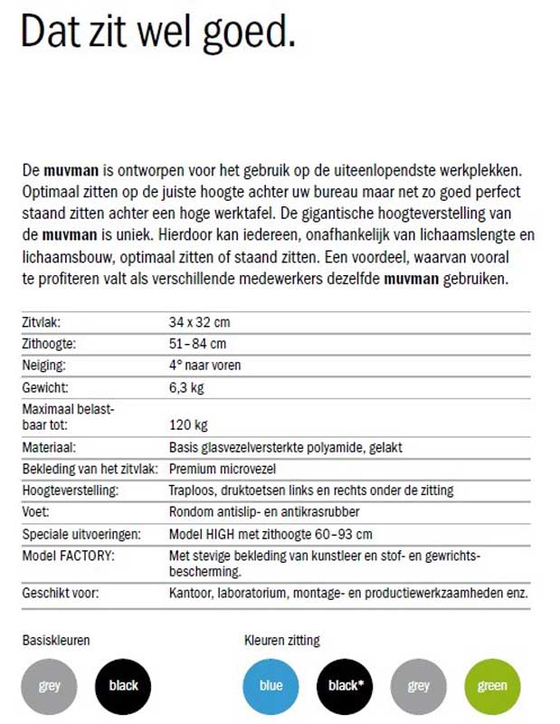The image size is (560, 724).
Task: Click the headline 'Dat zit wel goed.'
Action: click(x=157, y=33)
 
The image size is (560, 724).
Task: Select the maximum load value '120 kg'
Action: click(x=188, y=424)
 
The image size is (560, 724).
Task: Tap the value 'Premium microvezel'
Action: click(x=223, y=469)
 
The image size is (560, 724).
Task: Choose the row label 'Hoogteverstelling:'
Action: click(x=70, y=491)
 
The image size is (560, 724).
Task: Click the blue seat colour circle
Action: click(x=271, y=685)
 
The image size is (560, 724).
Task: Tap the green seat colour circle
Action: click(x=492, y=685)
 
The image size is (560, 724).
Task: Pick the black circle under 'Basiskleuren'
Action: click(x=123, y=685)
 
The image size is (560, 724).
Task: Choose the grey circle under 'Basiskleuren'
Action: click(x=50, y=685)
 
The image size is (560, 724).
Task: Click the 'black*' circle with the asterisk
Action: click(x=345, y=685)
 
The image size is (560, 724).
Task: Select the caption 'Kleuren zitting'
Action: click(x=282, y=641)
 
